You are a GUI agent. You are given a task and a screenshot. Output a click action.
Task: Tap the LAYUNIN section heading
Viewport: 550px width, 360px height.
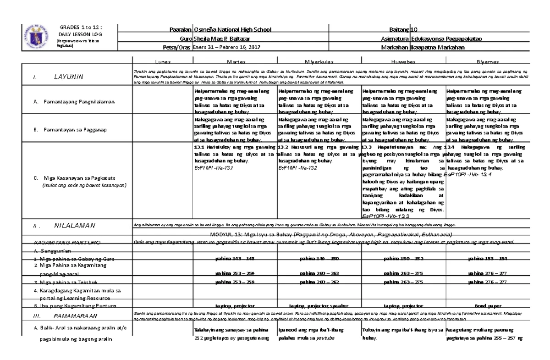point(69,77)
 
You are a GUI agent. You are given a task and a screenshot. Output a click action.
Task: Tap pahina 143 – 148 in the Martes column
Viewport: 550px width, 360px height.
point(235,258)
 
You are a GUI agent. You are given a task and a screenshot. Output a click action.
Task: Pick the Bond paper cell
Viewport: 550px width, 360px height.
point(487,305)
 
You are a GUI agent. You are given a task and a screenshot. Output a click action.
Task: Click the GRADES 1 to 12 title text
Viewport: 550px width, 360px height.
point(81,27)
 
